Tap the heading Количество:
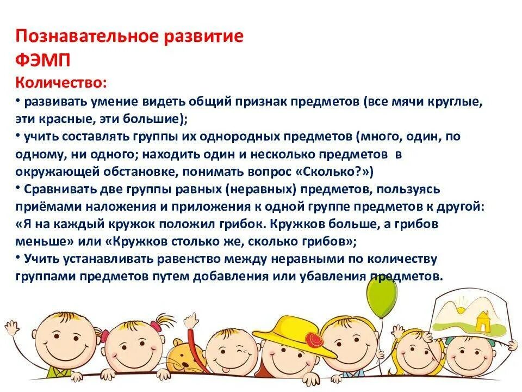click(61, 82)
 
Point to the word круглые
click(457, 102)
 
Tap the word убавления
click(330, 275)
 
